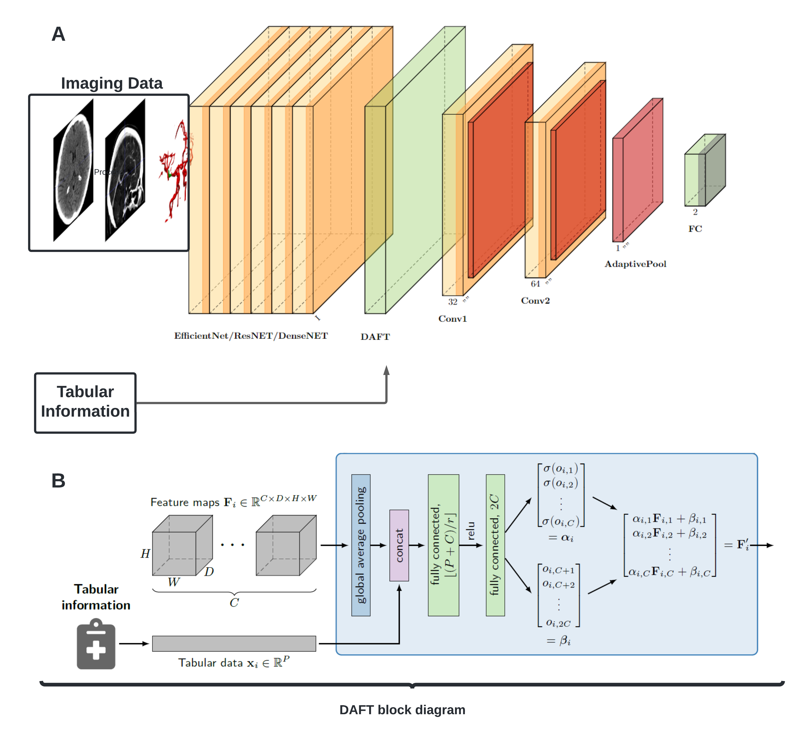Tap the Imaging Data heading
pyautogui.click(x=112, y=83)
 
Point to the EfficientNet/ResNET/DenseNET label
pyautogui.click(x=251, y=336)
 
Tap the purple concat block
pyautogui.click(x=399, y=545)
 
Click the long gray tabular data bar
pyautogui.click(x=234, y=643)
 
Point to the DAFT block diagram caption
pyautogui.click(x=402, y=710)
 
